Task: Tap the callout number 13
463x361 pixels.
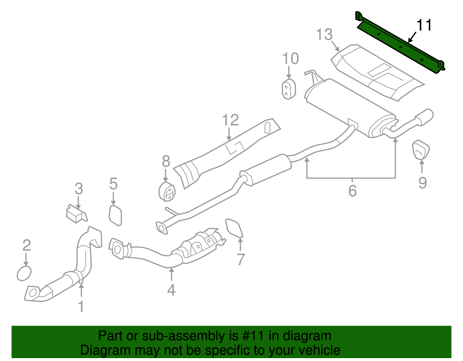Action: tap(324, 35)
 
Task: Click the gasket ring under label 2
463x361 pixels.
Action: tap(24, 273)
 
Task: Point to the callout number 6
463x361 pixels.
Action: tap(352, 191)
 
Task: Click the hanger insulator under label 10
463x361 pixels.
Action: tap(288, 89)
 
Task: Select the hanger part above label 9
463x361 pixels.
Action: tap(420, 150)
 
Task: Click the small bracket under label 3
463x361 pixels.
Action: tap(76, 214)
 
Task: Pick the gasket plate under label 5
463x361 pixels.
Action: tap(115, 215)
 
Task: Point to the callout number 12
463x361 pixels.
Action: tap(230, 120)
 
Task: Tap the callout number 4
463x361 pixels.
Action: tap(171, 290)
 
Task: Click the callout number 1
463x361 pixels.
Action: tap(81, 306)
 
